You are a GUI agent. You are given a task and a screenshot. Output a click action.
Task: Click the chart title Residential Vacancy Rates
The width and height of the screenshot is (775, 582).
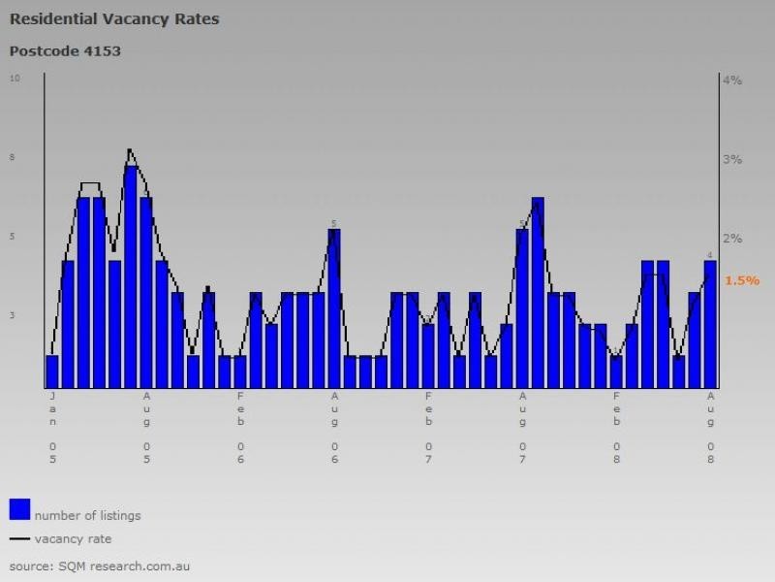[113, 18]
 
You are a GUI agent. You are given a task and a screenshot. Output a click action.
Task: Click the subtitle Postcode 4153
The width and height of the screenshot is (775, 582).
[65, 50]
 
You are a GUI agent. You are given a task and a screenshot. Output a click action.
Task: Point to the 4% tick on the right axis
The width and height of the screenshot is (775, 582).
[732, 81]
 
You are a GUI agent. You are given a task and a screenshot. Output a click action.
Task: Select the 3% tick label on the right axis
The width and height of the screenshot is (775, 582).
[732, 159]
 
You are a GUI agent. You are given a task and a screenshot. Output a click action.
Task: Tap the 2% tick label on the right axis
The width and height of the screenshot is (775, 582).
[732, 239]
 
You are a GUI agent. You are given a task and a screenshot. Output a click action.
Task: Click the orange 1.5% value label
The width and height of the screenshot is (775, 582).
[742, 280]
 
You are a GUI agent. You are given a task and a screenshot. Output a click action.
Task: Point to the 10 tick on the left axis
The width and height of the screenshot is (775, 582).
[15, 78]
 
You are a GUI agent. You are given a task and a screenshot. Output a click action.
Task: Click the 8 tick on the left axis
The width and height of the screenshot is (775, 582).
[13, 157]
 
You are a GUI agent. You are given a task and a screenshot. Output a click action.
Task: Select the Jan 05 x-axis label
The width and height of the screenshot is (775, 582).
[52, 427]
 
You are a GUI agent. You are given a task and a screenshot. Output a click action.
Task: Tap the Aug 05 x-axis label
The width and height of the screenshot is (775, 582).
[146, 427]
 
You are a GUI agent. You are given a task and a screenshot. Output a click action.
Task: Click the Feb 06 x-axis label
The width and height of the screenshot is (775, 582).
[240, 427]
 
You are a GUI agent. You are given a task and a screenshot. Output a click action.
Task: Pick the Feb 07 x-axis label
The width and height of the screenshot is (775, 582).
[428, 427]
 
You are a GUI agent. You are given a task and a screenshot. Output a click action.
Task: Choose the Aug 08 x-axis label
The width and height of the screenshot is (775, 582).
[710, 427]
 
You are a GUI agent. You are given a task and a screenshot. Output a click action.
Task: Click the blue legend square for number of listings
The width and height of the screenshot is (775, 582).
[19, 509]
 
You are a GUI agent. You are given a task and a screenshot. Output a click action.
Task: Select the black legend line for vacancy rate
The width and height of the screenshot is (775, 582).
[19, 538]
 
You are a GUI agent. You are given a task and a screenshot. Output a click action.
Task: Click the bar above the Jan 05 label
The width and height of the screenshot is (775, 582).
[52, 371]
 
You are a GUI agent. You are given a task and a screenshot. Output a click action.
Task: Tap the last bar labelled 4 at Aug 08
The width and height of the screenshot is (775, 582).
[710, 323]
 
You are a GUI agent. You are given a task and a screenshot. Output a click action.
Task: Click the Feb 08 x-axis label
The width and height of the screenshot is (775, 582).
[616, 427]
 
